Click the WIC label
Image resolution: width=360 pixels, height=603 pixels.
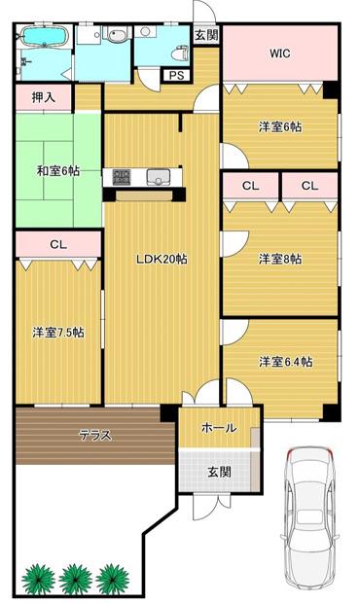[x=279, y=53]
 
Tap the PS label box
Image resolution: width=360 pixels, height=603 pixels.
[x=177, y=76]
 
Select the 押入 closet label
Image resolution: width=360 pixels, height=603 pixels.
[x=44, y=97]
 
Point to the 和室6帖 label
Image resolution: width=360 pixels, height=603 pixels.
[x=58, y=171]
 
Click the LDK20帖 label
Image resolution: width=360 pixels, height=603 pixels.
[x=162, y=259]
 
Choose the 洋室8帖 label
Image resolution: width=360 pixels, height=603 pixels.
[x=280, y=259]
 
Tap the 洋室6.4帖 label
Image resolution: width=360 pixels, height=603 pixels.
[x=285, y=362]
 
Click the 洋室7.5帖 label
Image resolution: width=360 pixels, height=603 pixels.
[x=58, y=332]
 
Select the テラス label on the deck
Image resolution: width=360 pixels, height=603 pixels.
[x=95, y=435]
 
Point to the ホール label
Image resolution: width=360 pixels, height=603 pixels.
[x=219, y=427]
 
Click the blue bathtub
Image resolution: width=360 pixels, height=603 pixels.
[x=46, y=36]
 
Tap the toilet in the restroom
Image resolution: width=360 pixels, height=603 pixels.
[x=182, y=53]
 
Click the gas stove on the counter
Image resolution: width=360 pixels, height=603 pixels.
[x=122, y=177]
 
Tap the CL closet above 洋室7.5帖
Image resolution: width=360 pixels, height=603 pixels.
[x=58, y=244]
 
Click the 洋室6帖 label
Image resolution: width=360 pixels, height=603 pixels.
[x=280, y=126]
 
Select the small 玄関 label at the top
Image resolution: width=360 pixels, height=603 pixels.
[x=206, y=35]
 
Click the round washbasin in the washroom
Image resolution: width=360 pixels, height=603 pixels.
[x=117, y=36]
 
